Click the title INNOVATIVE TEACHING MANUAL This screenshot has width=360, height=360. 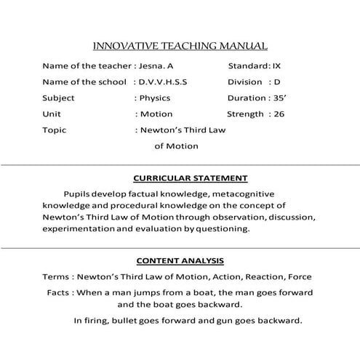[180, 45]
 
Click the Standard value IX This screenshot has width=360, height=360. [276, 65]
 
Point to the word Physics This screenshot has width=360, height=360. [154, 97]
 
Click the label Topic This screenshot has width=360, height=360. [55, 130]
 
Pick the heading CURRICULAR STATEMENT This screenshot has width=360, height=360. [191, 178]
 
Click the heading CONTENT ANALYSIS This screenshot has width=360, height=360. [180, 260]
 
